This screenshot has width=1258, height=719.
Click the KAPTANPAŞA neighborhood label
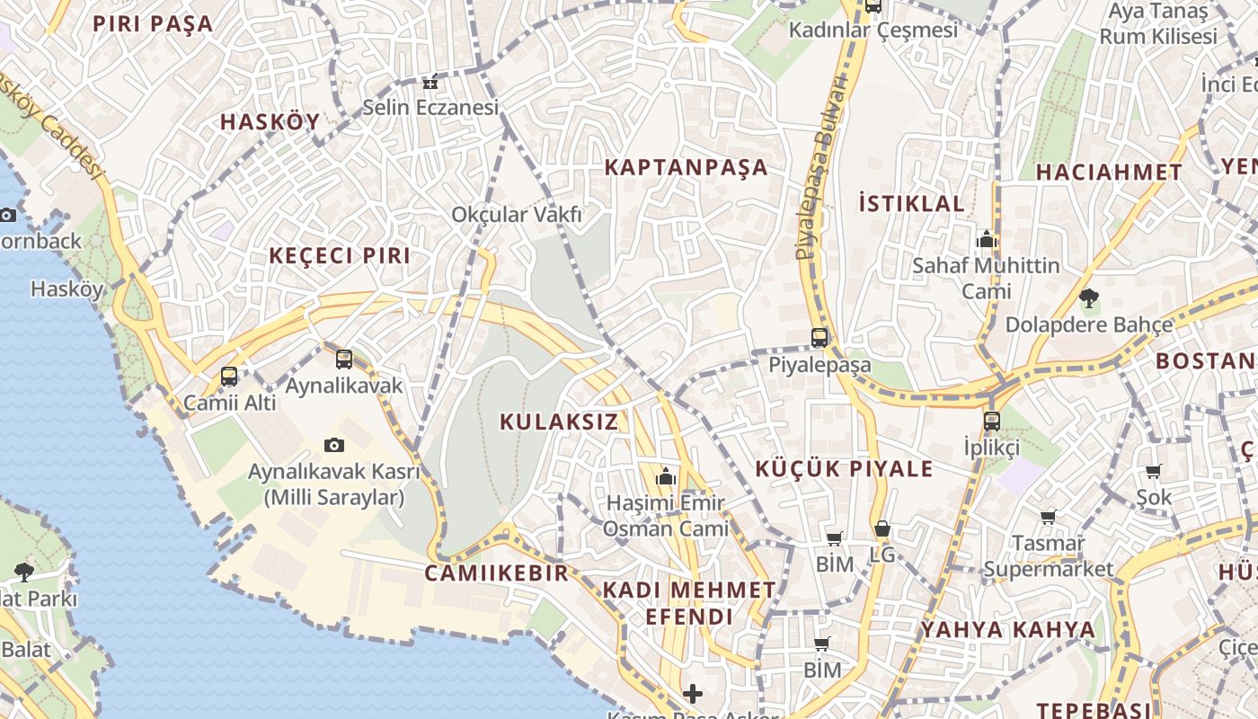coord(686,167)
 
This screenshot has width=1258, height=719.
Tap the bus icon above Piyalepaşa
coord(819,338)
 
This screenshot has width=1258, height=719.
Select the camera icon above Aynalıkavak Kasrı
coord(334,445)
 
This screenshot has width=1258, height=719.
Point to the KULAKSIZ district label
coord(559,422)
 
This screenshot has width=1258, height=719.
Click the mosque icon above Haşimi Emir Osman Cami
coord(666,475)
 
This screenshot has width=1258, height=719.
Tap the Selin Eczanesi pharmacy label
coord(430,108)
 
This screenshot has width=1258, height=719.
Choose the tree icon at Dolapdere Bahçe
coord(1089,297)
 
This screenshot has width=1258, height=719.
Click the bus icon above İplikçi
coord(992,421)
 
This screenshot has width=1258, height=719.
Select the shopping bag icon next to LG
coord(882,529)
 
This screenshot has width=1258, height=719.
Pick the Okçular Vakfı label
coord(517,215)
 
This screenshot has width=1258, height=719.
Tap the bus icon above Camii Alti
coord(229,377)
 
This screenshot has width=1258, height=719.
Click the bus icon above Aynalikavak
coord(344,359)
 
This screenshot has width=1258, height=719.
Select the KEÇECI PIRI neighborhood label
coord(340,255)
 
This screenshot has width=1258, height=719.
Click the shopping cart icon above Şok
coord(1154,471)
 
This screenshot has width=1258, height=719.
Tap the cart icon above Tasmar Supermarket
coord(1048,517)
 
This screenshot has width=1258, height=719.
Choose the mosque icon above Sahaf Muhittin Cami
coord(987,240)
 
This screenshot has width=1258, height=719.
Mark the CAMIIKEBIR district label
coord(496,573)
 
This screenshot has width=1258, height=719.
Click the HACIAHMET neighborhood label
coord(1109,173)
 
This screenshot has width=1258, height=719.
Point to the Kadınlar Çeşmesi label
coord(873,30)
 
